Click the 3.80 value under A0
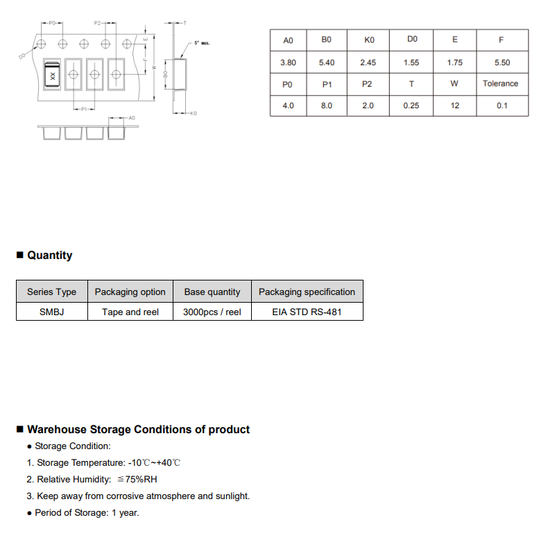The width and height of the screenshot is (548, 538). coord(288,62)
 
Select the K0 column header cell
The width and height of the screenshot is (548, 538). coord(369,40)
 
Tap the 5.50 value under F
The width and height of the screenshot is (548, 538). coord(502,62)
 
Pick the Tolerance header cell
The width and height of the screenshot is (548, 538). coord(500,84)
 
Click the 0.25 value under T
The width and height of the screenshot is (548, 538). coord(411,106)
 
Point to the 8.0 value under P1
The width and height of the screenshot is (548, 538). coord(327,106)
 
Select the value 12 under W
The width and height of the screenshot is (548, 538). coord(454,106)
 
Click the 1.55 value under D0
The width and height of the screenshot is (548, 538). coord(411,62)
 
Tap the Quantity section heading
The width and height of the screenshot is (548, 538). coord(49,255)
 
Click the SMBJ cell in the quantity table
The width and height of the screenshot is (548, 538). coord(51,312)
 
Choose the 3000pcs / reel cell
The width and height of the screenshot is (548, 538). coord(212,312)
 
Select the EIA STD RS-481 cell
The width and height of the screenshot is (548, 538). coord(307,312)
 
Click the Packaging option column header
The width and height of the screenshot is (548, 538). coord(130,292)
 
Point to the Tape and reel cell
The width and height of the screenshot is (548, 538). coord(130,312)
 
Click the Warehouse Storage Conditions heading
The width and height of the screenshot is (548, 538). coord(138,430)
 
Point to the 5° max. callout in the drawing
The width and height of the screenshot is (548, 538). coord(201,43)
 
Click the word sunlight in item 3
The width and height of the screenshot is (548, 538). coord(232,496)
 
